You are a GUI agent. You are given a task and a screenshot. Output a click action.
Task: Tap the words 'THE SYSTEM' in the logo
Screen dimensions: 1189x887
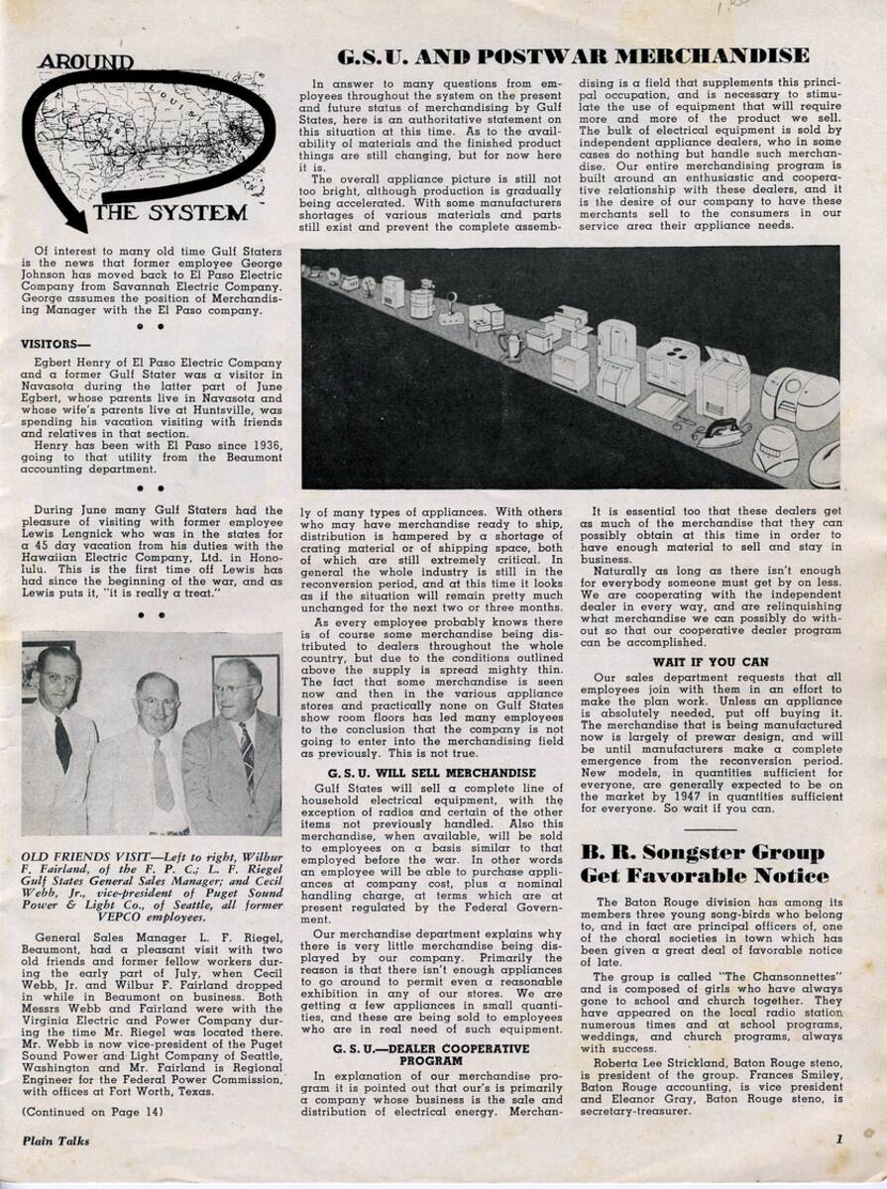[x=184, y=212]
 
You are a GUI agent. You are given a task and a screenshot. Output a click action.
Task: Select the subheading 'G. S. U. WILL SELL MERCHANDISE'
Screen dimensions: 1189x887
[x=427, y=773]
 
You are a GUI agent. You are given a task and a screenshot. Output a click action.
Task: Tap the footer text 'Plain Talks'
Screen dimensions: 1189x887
[x=55, y=1140]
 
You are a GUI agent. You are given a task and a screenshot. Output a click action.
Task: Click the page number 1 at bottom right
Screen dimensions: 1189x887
[x=836, y=1139]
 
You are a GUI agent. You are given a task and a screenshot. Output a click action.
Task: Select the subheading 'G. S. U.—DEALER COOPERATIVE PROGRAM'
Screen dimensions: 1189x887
[x=427, y=1052]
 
